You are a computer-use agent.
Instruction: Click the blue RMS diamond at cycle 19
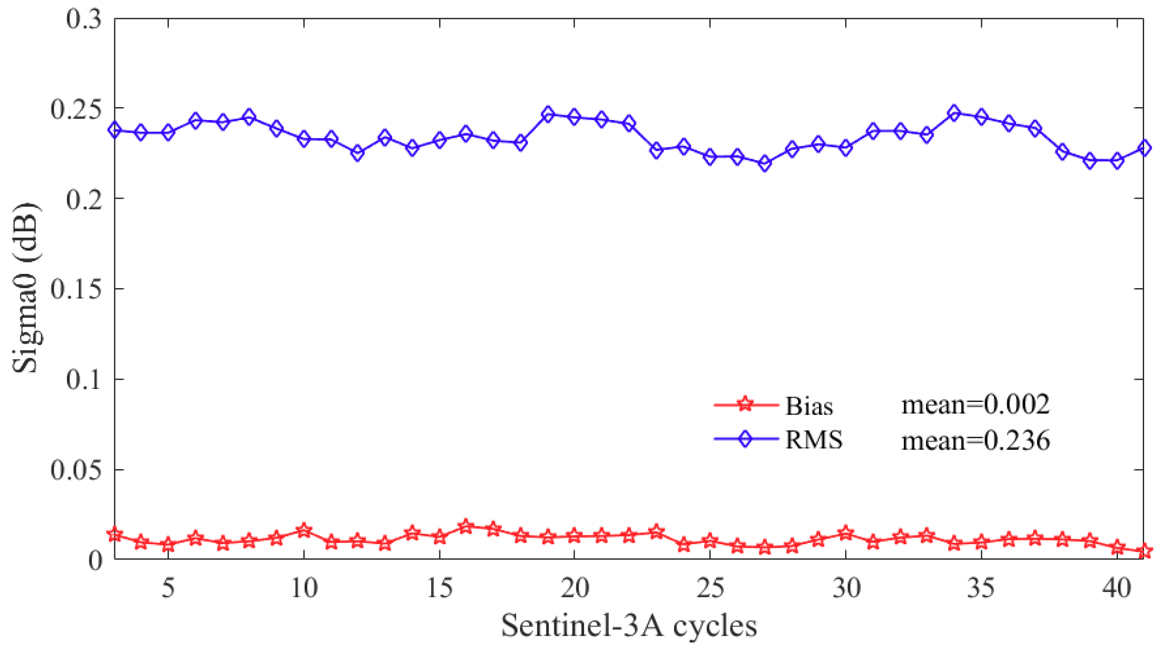[548, 115]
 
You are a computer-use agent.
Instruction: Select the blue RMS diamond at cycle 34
[954, 113]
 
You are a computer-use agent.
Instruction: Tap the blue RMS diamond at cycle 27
[764, 163]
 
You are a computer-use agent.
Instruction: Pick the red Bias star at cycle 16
[466, 526]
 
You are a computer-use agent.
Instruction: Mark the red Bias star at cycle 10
[304, 530]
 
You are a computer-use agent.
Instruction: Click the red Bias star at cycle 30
[846, 534]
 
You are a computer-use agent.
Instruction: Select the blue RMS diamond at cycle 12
[358, 153]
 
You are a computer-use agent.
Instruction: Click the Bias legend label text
[809, 406]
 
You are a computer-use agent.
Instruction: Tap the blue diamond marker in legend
[746, 438]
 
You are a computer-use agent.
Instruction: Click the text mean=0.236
[976, 440]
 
